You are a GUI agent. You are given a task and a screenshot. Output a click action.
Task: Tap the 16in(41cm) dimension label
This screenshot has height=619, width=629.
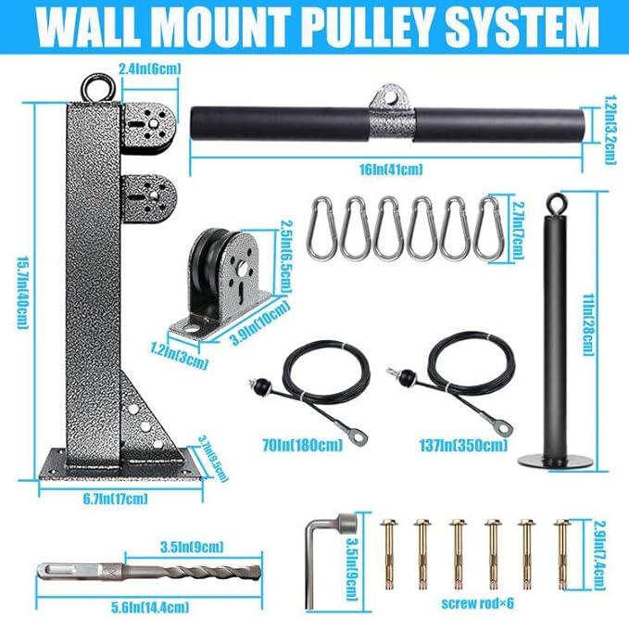(392, 168)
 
